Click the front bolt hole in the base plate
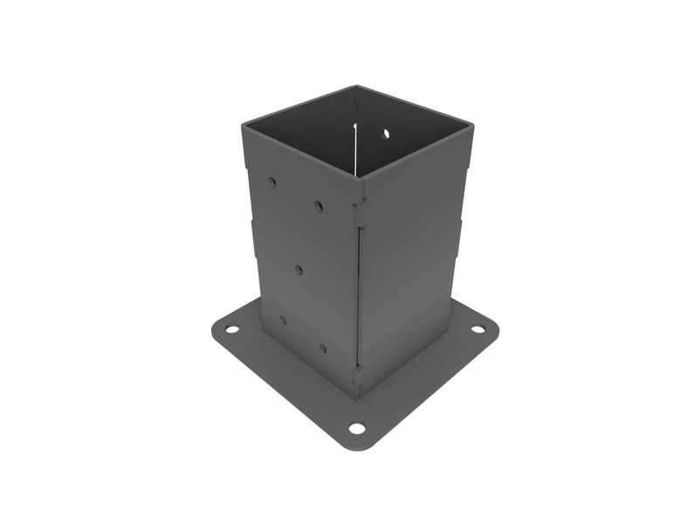tap(356, 428)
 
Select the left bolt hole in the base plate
tap(231, 330)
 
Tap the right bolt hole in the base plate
tap(477, 330)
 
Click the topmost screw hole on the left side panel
tap(272, 182)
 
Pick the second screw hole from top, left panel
tap(319, 207)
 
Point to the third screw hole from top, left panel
tap(298, 269)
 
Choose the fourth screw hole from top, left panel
tap(282, 320)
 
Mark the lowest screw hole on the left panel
tap(322, 348)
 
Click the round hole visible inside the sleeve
tap(386, 133)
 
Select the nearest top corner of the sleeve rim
tap(361, 178)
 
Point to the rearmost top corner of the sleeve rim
tap(356, 87)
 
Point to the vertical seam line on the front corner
tap(359, 288)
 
